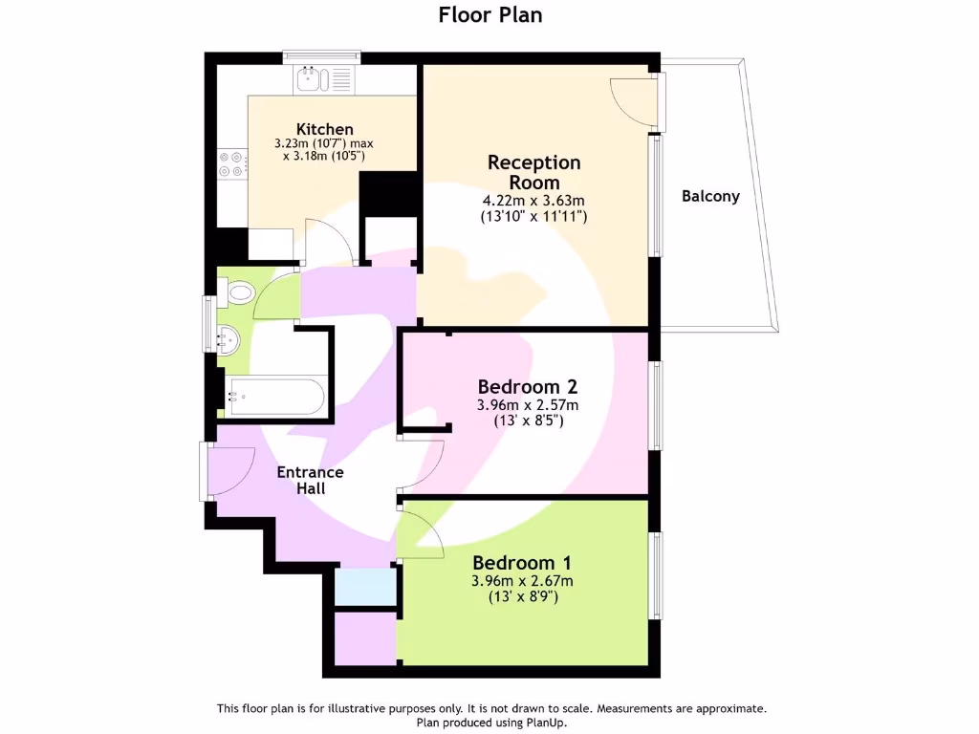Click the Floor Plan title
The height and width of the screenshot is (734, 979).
tap(490, 14)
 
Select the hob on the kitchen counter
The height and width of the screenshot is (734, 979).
tap(232, 164)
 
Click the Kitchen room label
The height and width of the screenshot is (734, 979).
tap(325, 129)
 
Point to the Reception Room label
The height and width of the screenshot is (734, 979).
tap(533, 172)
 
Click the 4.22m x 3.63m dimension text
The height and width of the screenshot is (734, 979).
tap(533, 201)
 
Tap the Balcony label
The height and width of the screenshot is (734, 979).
tap(710, 196)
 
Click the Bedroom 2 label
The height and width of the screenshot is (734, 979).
tap(527, 387)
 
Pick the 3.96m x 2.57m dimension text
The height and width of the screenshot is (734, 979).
tap(527, 405)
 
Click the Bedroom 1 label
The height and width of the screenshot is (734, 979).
tap(521, 562)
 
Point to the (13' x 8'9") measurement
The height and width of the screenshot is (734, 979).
tap(521, 596)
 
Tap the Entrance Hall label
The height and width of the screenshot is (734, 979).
tap(310, 480)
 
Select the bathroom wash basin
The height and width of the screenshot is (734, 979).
tap(227, 337)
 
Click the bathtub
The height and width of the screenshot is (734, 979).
tap(275, 396)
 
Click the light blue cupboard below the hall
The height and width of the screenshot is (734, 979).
tap(365, 586)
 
